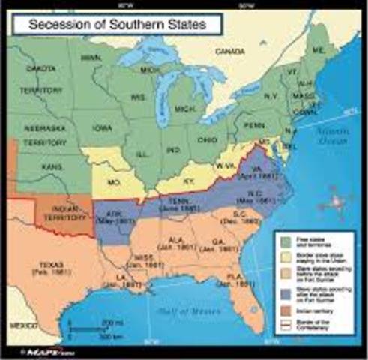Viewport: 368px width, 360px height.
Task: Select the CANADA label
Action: click(x=230, y=52)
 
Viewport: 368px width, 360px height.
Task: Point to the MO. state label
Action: click(x=115, y=182)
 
